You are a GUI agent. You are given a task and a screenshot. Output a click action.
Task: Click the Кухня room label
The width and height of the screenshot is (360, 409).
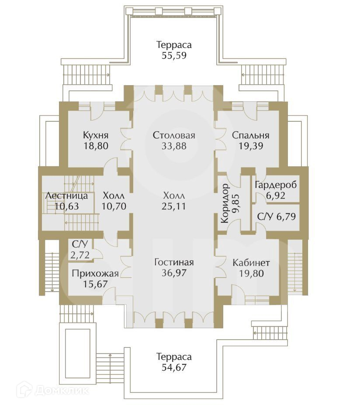click(96, 135)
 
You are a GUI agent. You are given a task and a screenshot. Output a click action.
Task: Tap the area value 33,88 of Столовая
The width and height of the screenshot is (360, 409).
click(174, 146)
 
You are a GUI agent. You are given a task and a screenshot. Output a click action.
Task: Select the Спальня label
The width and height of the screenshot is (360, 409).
click(251, 135)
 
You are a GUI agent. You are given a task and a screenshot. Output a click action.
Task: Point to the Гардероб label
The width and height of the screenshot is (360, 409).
click(276, 185)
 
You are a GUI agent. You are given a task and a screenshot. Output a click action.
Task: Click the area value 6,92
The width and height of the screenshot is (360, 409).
click(276, 196)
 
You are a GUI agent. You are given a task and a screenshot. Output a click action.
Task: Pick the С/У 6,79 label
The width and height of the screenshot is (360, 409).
click(277, 216)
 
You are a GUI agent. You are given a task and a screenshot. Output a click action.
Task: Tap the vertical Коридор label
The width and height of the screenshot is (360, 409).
click(225, 203)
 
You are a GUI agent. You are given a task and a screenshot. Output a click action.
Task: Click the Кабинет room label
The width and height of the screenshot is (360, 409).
click(251, 262)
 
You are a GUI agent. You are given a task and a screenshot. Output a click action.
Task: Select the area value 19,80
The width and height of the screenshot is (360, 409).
click(251, 273)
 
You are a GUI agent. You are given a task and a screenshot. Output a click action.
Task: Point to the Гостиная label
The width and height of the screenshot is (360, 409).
click(174, 262)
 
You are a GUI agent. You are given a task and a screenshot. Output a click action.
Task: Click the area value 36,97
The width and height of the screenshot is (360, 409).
click(174, 273)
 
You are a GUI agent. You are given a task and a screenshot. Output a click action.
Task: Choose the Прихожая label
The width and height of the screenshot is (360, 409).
click(95, 273)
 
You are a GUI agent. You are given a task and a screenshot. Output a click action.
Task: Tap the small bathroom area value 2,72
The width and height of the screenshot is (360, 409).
click(80, 254)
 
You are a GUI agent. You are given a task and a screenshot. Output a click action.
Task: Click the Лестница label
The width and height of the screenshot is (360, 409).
click(66, 196)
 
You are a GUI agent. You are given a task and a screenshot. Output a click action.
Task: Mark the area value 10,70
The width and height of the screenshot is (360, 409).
click(114, 206)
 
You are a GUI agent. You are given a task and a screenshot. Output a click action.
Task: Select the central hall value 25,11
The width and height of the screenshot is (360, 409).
click(173, 206)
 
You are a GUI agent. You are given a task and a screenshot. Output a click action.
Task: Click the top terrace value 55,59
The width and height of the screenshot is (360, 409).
click(174, 55)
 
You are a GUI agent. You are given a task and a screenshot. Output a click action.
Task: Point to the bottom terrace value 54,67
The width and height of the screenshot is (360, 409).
click(174, 368)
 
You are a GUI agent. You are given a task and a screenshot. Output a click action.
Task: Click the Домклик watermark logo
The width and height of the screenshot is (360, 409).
click(52, 391)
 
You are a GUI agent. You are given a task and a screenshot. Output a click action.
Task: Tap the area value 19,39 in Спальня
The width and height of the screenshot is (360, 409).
click(251, 146)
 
